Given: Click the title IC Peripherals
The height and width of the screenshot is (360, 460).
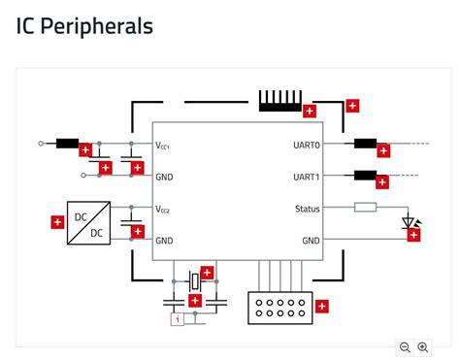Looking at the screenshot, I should click(84, 26).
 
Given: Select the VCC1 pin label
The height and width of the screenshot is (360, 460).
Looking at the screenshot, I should click(163, 145).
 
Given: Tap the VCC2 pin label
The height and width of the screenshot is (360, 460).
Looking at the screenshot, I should click(163, 210).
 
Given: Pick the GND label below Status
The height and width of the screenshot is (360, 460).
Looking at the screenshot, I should click(311, 241).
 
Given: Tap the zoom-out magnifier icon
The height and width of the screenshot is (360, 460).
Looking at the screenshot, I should click(405, 347).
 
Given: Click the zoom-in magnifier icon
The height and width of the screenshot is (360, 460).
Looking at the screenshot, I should click(423, 347).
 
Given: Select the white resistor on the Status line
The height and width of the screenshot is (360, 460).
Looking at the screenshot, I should click(365, 207).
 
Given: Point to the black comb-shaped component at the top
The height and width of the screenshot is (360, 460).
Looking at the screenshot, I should click(279, 101).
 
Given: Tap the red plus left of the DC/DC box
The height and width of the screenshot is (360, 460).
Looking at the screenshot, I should click(57, 223).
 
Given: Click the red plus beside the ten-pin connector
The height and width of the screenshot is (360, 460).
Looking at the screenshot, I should click(322, 307).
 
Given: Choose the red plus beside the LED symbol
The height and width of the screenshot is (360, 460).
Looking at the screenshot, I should click(415, 234).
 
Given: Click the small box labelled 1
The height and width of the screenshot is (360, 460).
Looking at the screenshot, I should click(177, 318).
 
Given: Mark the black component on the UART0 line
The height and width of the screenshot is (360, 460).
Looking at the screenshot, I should click(365, 144).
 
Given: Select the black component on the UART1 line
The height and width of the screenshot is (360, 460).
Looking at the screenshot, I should click(365, 176).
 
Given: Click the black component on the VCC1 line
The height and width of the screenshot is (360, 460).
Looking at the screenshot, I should click(67, 144).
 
